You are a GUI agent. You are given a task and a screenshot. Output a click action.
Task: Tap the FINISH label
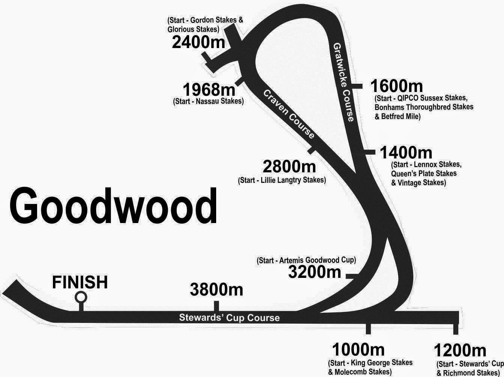[80, 282]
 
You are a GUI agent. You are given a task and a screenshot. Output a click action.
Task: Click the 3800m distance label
[216, 290]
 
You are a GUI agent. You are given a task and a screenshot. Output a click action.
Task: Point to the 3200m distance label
[314, 272]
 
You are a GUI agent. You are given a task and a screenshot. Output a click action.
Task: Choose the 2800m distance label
[289, 166]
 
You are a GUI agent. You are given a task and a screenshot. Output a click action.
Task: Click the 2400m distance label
[199, 42]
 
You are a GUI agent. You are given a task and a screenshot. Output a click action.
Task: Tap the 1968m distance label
[209, 90]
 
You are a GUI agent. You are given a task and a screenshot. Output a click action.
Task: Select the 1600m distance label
[396, 86]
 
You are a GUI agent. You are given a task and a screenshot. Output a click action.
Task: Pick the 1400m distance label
[406, 152]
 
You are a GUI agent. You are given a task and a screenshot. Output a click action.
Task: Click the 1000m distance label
[358, 350]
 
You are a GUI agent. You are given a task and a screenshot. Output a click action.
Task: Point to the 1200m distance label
[460, 351]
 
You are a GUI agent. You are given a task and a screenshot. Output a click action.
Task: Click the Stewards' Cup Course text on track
[229, 318]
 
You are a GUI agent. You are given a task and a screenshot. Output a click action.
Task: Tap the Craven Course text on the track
[289, 114]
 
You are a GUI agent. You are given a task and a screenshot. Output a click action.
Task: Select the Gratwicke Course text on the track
[343, 82]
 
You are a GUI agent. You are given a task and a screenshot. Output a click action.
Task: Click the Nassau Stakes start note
[208, 101]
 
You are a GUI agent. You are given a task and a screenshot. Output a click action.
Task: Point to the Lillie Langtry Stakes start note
[282, 180]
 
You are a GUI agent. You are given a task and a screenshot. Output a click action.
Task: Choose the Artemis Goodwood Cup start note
[306, 260]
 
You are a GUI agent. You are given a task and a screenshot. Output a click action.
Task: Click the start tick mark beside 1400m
[370, 152]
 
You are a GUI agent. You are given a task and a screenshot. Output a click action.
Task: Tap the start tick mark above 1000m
[368, 329]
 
